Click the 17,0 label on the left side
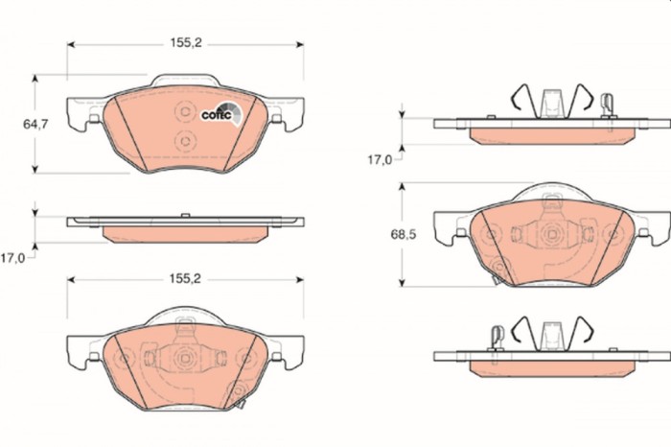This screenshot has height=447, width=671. pos(12,257)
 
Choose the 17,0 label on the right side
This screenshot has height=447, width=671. pos(380,159)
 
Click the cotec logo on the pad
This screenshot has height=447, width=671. pos(220,113)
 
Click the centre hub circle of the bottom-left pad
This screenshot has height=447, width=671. pos(184,358)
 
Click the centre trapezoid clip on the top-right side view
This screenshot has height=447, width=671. pos(550,102)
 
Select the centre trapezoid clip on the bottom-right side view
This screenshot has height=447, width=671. pos(550,336)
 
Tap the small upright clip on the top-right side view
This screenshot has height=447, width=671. pos(606,103)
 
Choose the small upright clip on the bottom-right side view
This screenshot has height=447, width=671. pos(497,336)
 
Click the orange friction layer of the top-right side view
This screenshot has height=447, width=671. pos(551,134)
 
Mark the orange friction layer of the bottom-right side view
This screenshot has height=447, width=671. pos(551,368)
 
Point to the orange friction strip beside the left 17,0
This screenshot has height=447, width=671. pos(185,234)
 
